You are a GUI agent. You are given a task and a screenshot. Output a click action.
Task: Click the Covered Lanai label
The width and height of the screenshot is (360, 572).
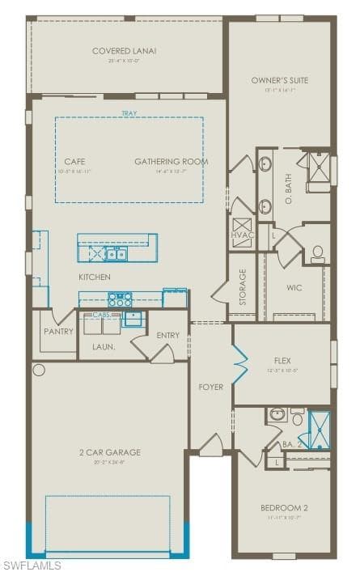[124, 51]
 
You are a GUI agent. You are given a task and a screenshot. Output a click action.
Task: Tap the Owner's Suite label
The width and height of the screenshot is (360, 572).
[280, 80]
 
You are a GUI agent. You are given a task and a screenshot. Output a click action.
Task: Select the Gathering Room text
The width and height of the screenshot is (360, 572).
[171, 162]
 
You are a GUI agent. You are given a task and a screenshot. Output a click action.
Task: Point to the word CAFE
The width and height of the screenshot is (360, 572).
[74, 162]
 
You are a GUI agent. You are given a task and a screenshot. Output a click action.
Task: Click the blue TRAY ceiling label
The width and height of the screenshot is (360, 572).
[129, 114]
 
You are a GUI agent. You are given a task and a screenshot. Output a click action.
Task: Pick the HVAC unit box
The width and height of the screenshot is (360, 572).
[243, 227]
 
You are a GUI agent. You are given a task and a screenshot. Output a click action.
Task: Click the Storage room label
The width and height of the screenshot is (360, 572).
[243, 286]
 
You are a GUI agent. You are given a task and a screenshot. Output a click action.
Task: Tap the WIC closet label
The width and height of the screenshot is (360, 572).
[294, 287]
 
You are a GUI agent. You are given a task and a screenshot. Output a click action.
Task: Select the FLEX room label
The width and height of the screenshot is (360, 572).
[282, 355]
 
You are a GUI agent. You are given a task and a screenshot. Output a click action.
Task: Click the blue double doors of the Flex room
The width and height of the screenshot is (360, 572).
[239, 364]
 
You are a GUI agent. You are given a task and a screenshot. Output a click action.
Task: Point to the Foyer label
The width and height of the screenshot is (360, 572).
[211, 388]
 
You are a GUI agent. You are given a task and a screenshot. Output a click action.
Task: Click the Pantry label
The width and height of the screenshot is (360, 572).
[59, 332]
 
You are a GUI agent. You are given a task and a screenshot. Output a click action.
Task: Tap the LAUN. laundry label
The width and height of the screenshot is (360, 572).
[104, 346]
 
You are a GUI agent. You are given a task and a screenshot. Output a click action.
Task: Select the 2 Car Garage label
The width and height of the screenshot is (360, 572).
[109, 452]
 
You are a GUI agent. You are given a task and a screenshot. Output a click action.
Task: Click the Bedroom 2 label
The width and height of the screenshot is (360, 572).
[284, 508]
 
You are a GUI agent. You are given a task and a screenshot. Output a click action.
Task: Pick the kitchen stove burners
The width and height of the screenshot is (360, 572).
[120, 299]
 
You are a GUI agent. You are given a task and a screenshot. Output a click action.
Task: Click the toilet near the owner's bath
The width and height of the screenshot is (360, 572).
[318, 253]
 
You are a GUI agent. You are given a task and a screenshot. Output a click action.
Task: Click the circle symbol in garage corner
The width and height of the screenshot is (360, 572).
[38, 371]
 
